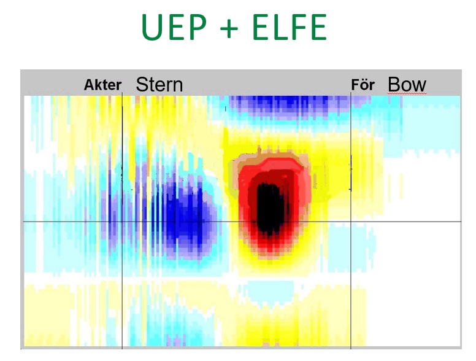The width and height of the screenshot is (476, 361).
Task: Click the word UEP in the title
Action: click(x=174, y=27)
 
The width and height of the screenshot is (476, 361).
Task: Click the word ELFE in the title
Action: click(x=290, y=27)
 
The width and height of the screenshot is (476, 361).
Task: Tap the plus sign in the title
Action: click(x=229, y=28)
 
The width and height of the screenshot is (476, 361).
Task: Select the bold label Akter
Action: click(x=102, y=85)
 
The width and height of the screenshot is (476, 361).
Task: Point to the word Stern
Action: click(x=159, y=85)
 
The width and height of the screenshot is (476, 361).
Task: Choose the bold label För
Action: click(x=363, y=85)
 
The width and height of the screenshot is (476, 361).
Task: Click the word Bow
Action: click(x=407, y=84)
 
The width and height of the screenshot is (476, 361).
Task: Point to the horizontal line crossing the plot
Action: click(x=242, y=222)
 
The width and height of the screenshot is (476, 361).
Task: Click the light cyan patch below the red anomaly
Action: click(x=271, y=291)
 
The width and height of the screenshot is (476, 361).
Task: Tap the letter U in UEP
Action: click(x=152, y=28)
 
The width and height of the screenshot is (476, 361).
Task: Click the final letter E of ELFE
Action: click(x=319, y=27)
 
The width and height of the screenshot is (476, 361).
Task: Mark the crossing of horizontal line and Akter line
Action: click(x=122, y=222)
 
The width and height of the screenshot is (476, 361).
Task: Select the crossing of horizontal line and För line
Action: click(x=351, y=222)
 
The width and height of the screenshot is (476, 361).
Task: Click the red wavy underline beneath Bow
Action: click(x=407, y=93)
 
